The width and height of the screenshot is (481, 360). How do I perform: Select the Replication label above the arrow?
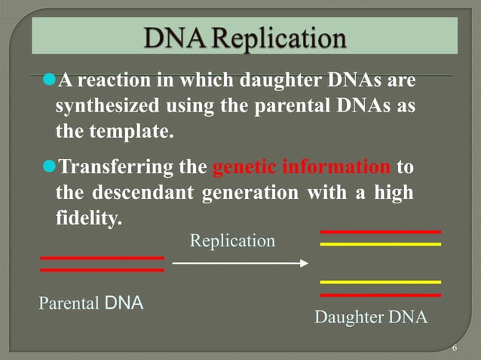232,241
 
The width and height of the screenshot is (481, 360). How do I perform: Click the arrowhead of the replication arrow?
305,263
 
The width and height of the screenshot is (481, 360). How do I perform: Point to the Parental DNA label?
90,304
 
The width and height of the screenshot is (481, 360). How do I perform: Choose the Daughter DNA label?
370,317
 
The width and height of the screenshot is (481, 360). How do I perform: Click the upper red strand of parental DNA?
102,258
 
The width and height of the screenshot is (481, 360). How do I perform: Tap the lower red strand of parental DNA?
102,269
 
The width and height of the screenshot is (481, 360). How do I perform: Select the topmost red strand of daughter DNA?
380,232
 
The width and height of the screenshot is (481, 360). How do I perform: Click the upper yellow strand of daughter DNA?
380,244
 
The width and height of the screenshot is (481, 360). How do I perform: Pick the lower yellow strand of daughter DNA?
380,282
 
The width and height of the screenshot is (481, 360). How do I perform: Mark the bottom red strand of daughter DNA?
380,294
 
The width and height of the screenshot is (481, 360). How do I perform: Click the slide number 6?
455,349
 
